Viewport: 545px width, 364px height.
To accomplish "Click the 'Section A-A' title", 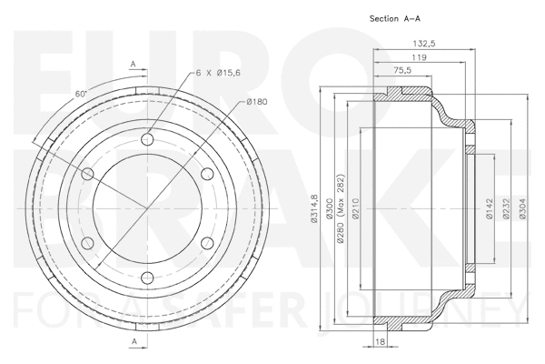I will click(x=396, y=18).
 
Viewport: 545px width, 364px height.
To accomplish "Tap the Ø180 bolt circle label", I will click(x=258, y=102).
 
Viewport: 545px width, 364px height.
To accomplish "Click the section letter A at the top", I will click(x=133, y=64).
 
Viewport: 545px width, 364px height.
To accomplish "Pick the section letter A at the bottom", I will click(x=133, y=340).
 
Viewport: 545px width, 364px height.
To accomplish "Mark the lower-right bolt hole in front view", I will click(x=206, y=242).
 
